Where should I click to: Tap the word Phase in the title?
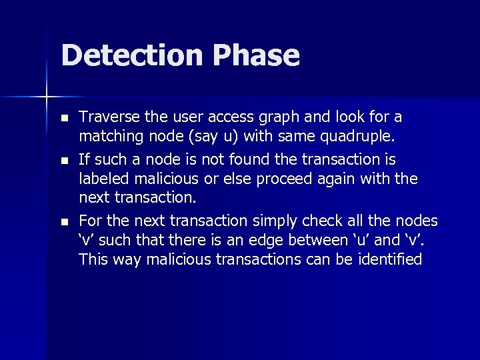click(x=257, y=55)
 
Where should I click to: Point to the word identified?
click(x=390, y=259)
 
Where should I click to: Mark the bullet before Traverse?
click(x=63, y=119)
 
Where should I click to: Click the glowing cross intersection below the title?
click(x=46, y=97)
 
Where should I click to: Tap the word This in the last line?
click(x=93, y=259)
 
